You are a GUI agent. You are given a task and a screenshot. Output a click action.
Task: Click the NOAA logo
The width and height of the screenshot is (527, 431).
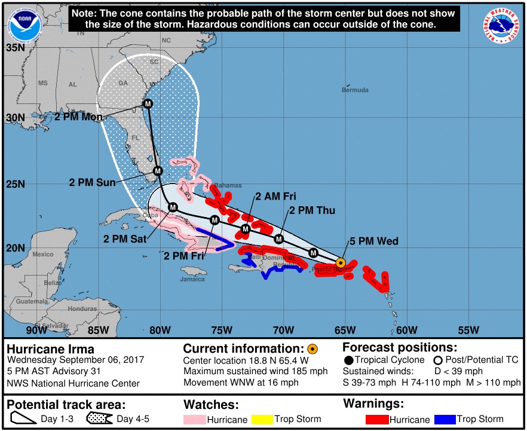point(23,25)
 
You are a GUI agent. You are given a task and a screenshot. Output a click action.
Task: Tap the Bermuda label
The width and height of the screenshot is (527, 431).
point(355,90)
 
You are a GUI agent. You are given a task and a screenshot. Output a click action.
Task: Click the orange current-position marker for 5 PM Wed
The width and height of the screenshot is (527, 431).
point(341,262)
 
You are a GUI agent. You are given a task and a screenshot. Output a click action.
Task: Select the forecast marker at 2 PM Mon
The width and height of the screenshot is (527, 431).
point(148,104)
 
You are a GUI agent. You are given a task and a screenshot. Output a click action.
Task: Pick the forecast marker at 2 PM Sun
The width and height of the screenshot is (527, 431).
point(158,171)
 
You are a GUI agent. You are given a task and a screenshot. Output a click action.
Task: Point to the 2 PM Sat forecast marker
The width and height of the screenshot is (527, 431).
point(173,207)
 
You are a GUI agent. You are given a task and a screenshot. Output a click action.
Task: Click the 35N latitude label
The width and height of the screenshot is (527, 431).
point(15,47)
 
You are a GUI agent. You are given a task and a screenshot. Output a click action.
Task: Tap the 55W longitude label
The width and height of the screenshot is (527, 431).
point(468,330)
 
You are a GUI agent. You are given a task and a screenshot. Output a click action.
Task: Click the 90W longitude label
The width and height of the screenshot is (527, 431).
point(36,330)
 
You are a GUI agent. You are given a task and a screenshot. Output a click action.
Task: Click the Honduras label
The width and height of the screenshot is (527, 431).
point(82,308)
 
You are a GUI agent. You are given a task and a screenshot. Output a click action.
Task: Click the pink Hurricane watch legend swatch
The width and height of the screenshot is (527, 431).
point(195,420)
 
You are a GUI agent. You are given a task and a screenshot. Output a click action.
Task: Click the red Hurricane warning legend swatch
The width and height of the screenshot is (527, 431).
point(376,420)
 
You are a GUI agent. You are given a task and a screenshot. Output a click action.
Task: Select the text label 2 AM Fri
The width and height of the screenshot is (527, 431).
point(275,196)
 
